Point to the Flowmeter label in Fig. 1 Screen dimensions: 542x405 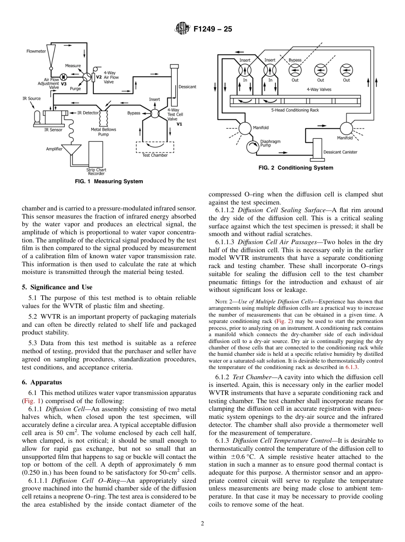(x=36, y=51)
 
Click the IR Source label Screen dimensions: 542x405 (x=32, y=98)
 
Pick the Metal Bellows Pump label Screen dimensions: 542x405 (x=103, y=132)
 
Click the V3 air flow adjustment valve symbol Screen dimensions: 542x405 (x=64, y=77)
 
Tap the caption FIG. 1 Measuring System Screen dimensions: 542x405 (x=109, y=182)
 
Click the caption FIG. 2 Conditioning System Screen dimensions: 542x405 (x=296, y=168)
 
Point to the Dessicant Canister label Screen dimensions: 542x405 (x=340, y=152)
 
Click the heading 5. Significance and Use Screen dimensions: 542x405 (x=57, y=287)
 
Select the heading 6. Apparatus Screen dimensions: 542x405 (x=42, y=383)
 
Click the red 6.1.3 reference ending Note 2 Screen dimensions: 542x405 (x=352, y=367)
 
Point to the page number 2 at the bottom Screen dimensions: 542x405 (x=202, y=524)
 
